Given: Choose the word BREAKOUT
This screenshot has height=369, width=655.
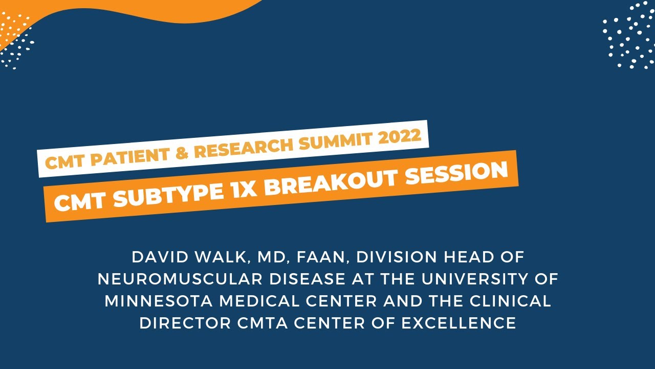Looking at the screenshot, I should click(x=320, y=182).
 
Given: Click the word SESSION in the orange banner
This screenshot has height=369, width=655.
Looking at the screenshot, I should click(x=452, y=173).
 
